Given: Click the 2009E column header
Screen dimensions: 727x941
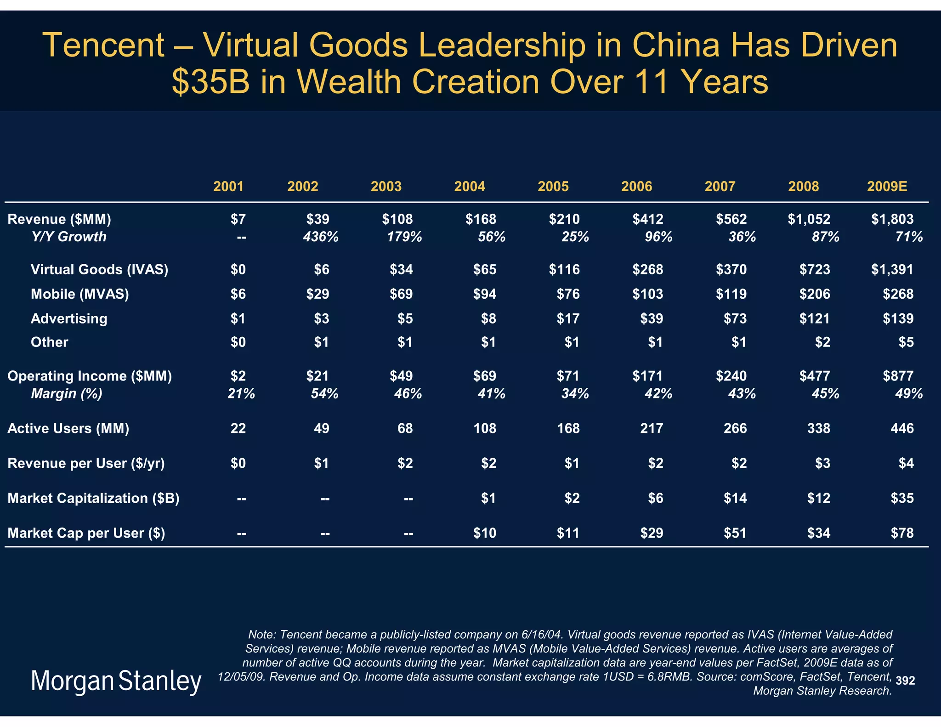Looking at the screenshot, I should pyautogui.click(x=887, y=186).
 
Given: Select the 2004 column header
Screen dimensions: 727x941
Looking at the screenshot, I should pyautogui.click(x=469, y=186).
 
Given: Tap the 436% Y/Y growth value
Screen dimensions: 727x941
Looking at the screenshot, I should pyautogui.click(x=321, y=237).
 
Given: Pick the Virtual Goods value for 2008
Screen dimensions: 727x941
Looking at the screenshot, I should pyautogui.click(x=815, y=269).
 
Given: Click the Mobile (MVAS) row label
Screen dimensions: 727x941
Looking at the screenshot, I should pyautogui.click(x=79, y=294).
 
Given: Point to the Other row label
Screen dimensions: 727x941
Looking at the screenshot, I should pyautogui.click(x=49, y=342).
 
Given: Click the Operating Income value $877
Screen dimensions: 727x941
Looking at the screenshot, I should pyautogui.click(x=898, y=376).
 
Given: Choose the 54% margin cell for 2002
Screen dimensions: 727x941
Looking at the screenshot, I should pyautogui.click(x=324, y=393).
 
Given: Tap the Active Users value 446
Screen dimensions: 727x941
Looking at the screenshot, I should pyautogui.click(x=902, y=428).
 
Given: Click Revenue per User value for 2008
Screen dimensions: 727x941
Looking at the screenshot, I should pyautogui.click(x=822, y=463).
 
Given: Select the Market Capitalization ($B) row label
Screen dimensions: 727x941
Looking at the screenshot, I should pyautogui.click(x=93, y=498).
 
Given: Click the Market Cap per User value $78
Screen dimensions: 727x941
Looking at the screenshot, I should pyautogui.click(x=902, y=533).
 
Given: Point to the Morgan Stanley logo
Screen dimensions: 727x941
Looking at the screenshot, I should pyautogui.click(x=116, y=681).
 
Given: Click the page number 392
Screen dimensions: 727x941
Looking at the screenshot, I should pyautogui.click(x=905, y=681).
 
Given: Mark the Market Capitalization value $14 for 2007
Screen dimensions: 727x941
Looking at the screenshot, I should pyautogui.click(x=735, y=498).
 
